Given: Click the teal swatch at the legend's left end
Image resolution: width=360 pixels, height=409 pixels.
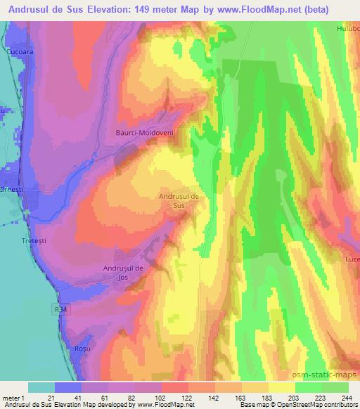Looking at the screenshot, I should [x=41, y=387].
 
